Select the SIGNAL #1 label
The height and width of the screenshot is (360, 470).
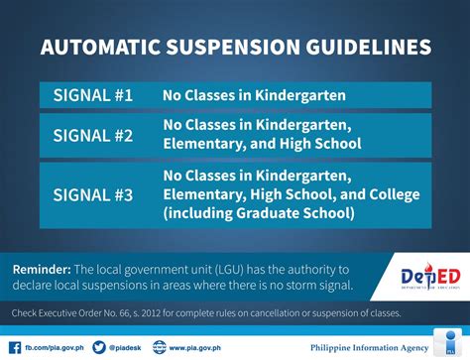(x=95, y=96)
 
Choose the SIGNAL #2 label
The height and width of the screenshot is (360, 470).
(x=95, y=135)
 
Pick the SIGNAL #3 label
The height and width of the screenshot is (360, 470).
(x=95, y=194)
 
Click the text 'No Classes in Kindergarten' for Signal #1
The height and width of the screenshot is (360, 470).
(x=254, y=96)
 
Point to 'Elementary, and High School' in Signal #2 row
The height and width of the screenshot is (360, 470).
(x=262, y=145)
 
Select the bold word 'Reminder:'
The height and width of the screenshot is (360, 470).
(x=40, y=270)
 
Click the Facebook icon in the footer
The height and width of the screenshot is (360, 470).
(x=13, y=346)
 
